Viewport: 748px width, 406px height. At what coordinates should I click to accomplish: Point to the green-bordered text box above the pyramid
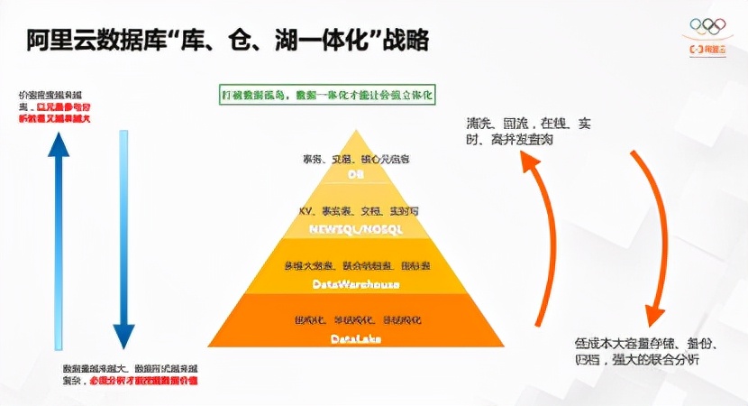click(x=328, y=95)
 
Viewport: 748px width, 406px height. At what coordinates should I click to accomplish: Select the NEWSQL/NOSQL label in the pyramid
click(x=355, y=228)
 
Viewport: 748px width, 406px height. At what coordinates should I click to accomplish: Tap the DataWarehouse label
click(x=355, y=283)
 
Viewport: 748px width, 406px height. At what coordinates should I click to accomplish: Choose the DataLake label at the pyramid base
click(x=355, y=338)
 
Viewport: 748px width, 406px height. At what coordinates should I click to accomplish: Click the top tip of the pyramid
click(x=356, y=133)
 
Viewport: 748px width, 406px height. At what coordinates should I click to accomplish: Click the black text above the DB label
click(x=355, y=159)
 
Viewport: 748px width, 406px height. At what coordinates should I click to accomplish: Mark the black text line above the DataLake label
click(x=355, y=320)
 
